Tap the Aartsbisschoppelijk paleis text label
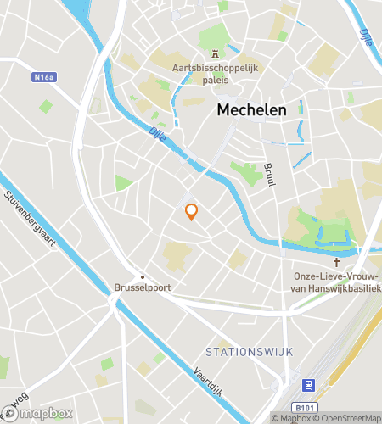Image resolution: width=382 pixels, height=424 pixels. [x=214, y=67]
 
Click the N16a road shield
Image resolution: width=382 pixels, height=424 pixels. [x=45, y=77]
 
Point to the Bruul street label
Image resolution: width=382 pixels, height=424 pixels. [x=270, y=177]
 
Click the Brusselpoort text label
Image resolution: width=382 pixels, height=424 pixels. [x=143, y=287]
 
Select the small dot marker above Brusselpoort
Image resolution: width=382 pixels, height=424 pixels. [x=143, y=276]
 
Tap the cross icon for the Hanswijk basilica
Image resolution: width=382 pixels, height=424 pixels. [x=336, y=263]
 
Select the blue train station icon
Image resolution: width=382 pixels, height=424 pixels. [x=309, y=383]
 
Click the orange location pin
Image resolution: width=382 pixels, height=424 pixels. [x=192, y=211]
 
